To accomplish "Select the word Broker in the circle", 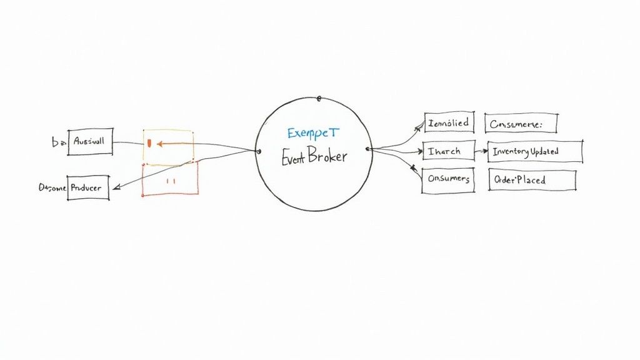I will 325,156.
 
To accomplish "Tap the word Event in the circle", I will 292,158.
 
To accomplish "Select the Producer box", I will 88,187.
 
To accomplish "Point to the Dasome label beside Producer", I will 52,187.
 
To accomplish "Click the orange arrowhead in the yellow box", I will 159,144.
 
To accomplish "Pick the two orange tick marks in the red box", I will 170,181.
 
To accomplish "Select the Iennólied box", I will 449,123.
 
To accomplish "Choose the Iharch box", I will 447,151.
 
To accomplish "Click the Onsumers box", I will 448,179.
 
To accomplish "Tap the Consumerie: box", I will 521,124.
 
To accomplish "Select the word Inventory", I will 510,152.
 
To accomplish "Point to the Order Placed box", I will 532,180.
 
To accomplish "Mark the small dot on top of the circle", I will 319,98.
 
